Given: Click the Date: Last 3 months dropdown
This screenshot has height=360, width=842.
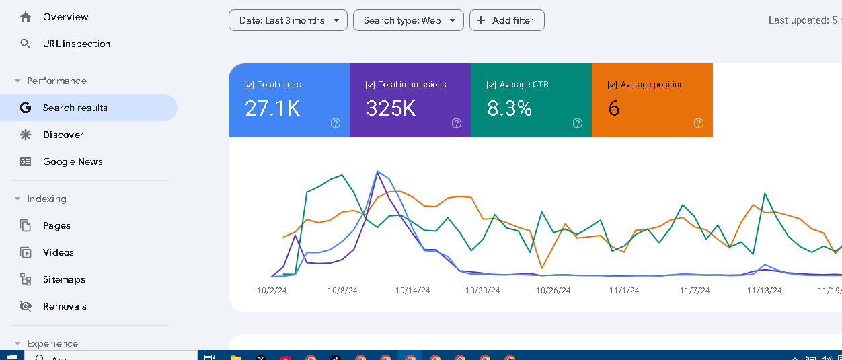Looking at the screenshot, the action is tap(288, 20).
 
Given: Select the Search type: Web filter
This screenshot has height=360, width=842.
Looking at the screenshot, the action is tap(408, 20).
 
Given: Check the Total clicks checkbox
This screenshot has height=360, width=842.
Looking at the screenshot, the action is tap(249, 85).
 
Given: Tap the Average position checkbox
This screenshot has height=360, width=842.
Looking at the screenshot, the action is tap(612, 85).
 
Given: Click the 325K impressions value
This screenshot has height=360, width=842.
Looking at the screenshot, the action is tap(391, 108).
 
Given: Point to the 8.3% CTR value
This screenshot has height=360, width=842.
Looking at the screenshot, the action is tap(509, 108).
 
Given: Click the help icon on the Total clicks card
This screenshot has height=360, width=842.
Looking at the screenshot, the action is tap(336, 123).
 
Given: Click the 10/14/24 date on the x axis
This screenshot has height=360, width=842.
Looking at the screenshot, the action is tap(412, 291).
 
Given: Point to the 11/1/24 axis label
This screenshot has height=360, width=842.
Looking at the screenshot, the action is tap(624, 291).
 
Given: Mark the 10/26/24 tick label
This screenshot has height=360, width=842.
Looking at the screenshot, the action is tap(553, 291).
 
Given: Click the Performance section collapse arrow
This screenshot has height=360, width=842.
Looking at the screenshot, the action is tap(17, 81).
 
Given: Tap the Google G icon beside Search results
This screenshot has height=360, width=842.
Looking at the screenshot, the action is tap(25, 108).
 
